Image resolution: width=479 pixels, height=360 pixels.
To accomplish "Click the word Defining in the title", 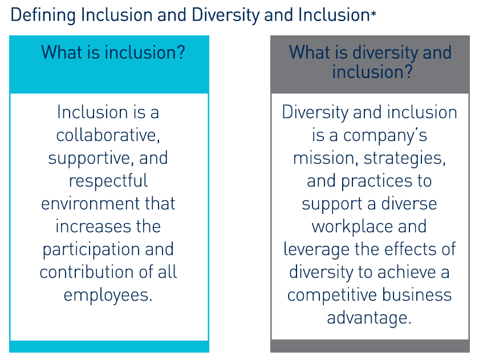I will (43, 15).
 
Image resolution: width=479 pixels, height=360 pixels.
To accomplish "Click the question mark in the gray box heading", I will (407, 72).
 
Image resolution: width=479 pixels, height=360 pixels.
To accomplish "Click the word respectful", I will (108, 181).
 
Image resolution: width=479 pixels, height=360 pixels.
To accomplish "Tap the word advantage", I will (369, 318).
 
